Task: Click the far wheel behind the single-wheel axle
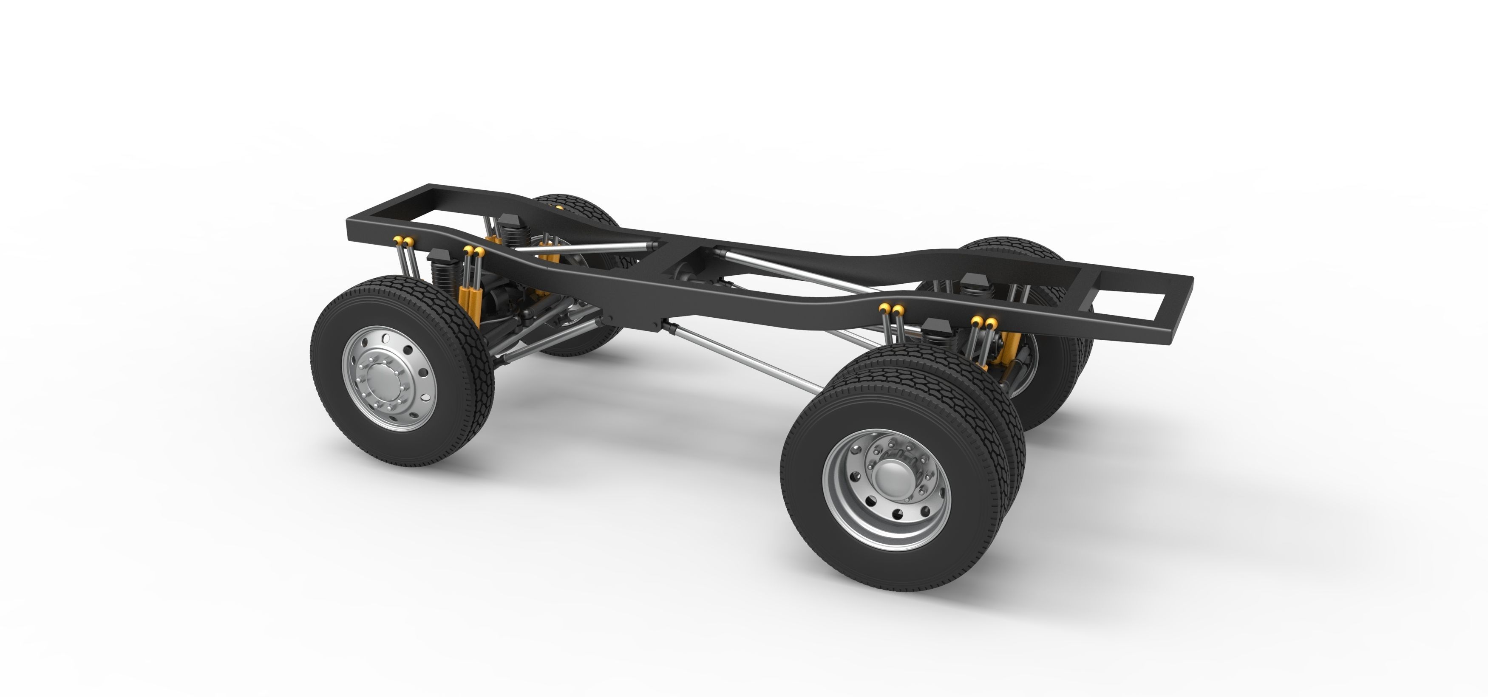click(x=572, y=214)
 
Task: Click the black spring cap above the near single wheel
click(x=440, y=256)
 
